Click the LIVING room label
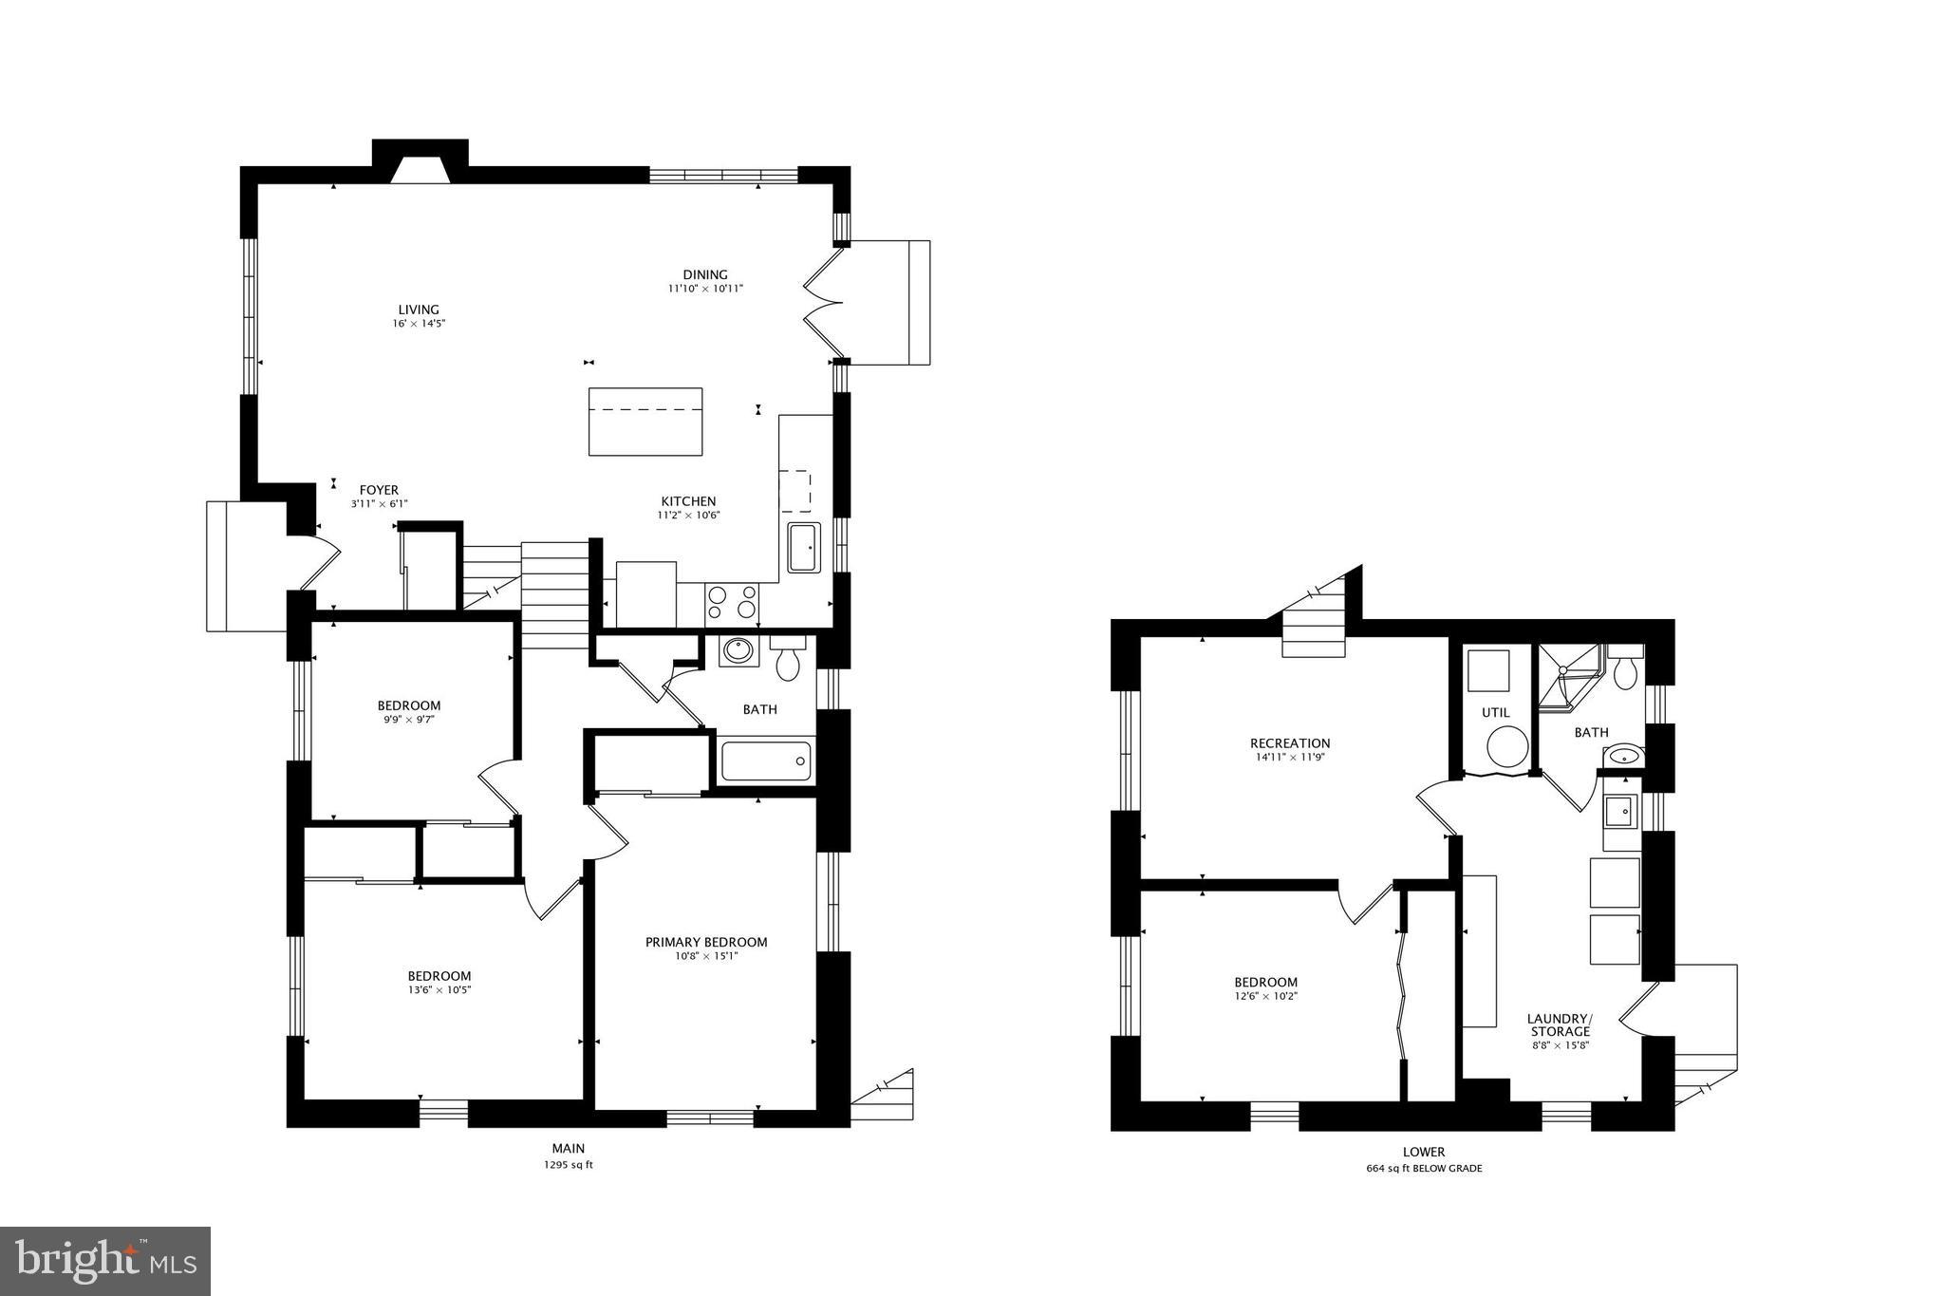pos(419,310)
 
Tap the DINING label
pos(705,275)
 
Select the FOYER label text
pos(379,491)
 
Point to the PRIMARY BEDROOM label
pos(706,942)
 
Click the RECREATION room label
pos(1290,743)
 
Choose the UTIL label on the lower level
pos(1496,712)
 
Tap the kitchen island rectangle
pos(645,422)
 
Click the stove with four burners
pos(732,604)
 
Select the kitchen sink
pos(804,548)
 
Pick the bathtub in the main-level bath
pos(766,761)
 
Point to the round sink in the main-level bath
pos(738,651)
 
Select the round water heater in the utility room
pos(1506,746)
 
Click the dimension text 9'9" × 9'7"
pos(409,720)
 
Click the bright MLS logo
pos(104,1261)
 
